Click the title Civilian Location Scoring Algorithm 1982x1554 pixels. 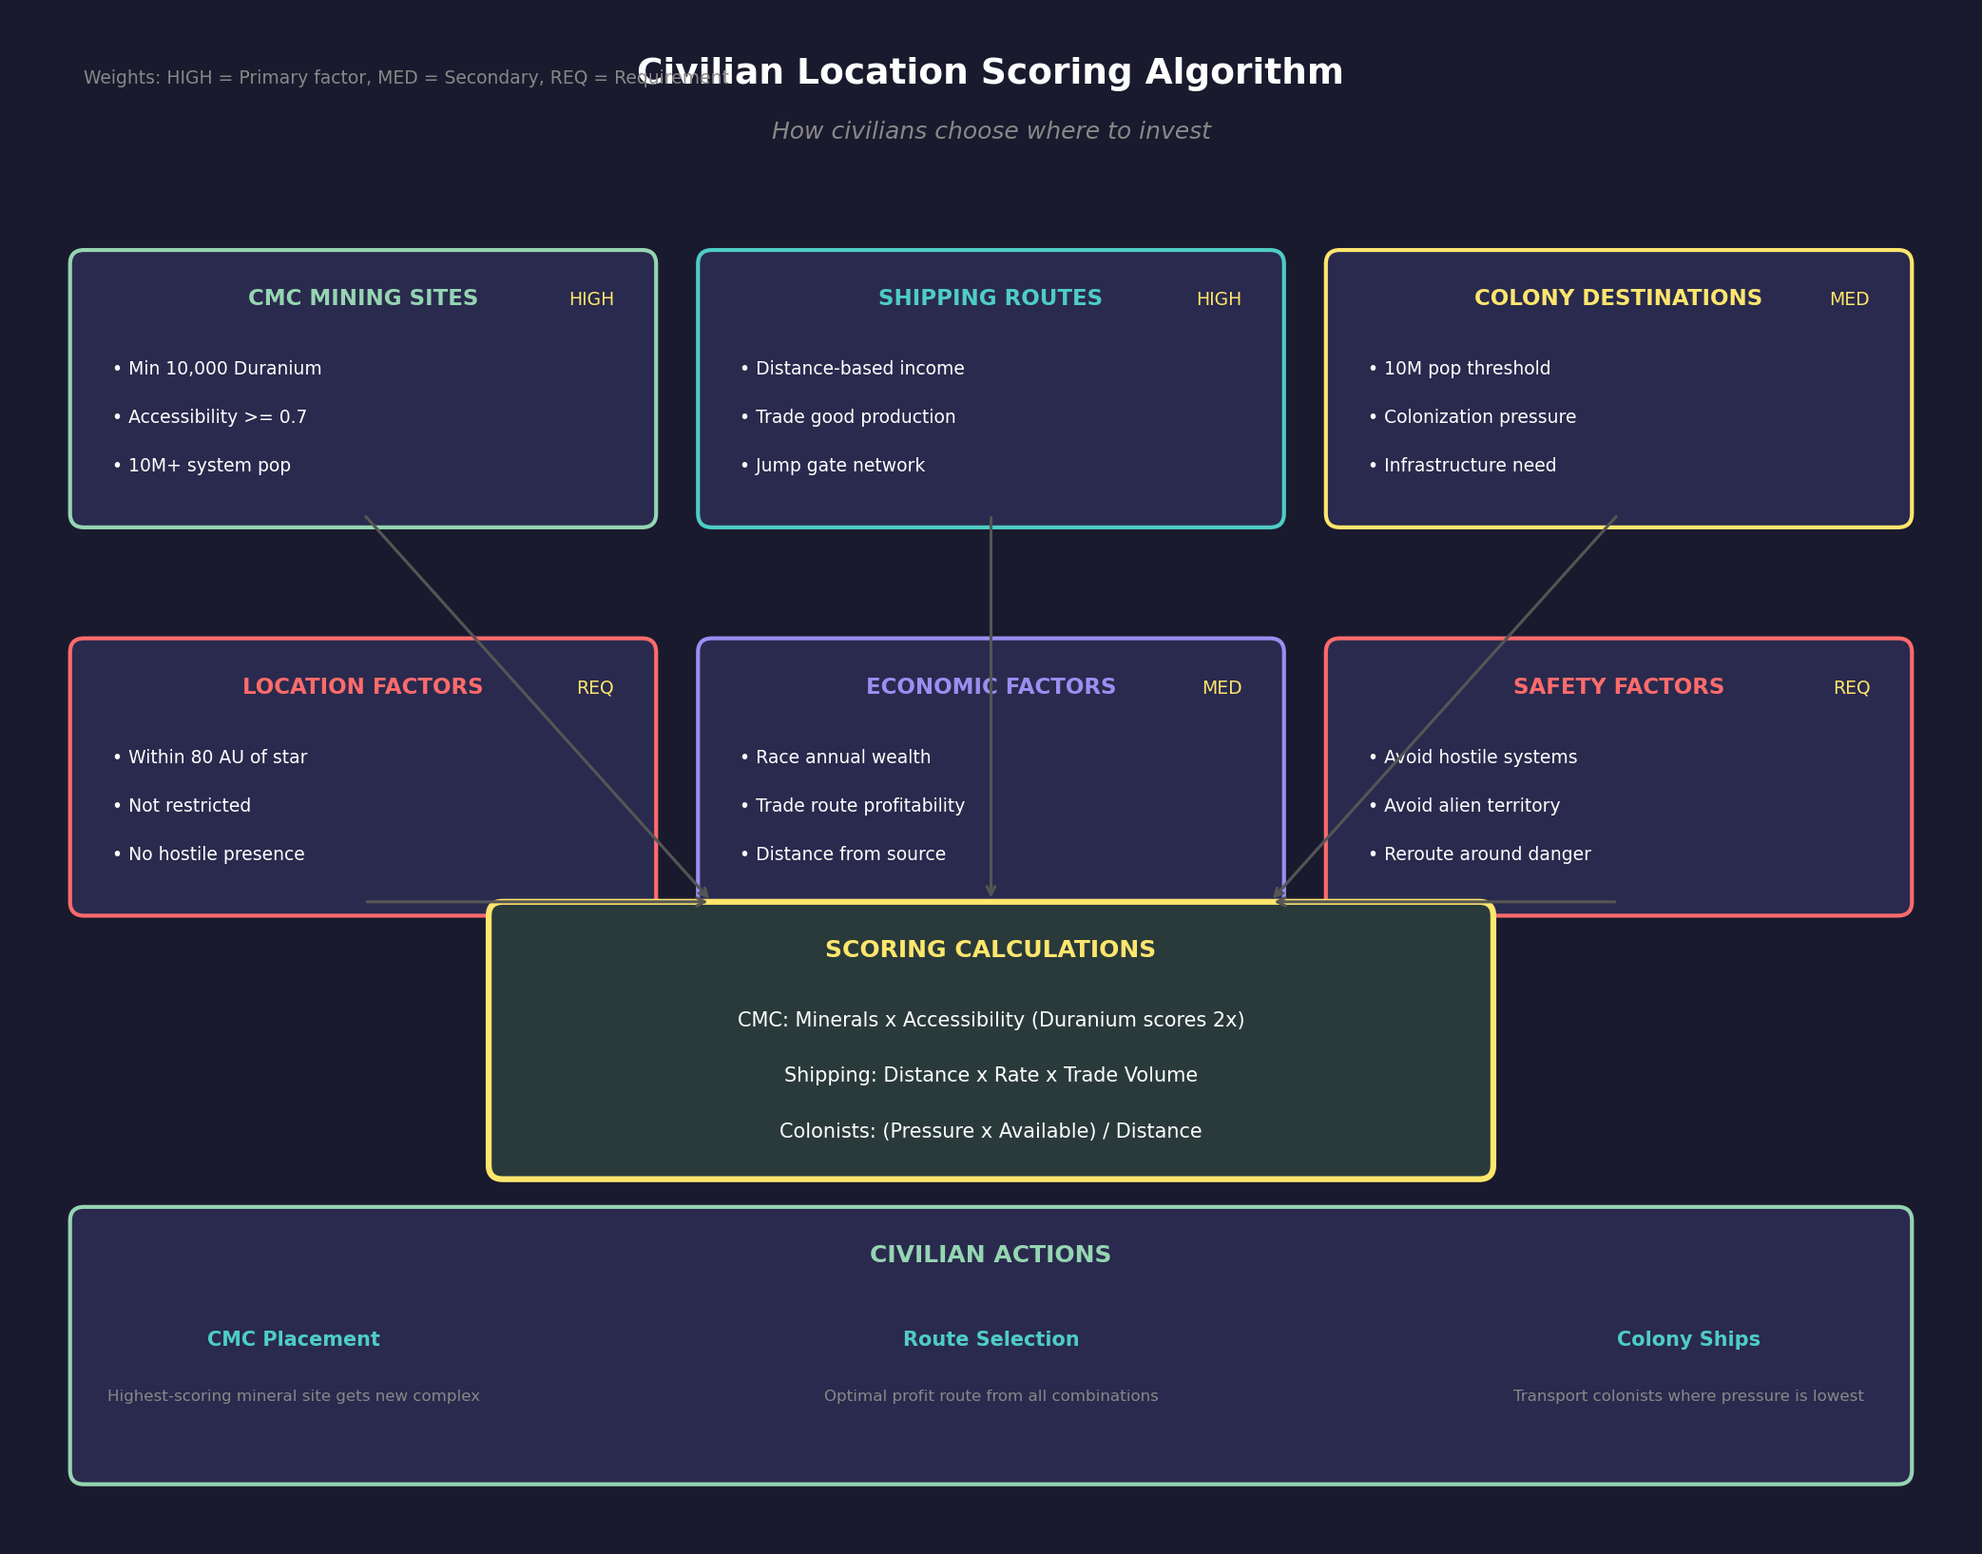point(990,73)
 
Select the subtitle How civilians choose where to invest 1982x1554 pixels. point(991,131)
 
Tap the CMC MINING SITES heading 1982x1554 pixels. point(362,298)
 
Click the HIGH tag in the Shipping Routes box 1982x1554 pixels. point(1218,299)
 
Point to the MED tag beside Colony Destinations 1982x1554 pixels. point(1848,299)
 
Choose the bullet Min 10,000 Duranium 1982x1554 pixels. point(218,369)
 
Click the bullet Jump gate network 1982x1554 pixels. point(833,466)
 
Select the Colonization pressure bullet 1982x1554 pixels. point(1472,417)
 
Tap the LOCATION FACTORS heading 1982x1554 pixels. point(362,687)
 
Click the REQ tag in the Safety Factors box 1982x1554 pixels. point(1851,688)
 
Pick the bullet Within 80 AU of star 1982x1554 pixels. point(210,758)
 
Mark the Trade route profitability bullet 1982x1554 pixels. point(853,806)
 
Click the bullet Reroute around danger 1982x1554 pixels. point(1480,854)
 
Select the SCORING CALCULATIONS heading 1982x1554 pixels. point(990,950)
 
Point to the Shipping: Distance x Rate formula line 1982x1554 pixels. point(990,1075)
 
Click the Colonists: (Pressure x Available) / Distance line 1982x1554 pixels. point(990,1131)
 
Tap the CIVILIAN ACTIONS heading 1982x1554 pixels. point(990,1255)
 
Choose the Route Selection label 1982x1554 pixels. point(991,1339)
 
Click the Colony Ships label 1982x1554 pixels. point(1687,1339)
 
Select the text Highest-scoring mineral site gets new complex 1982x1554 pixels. point(293,1396)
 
